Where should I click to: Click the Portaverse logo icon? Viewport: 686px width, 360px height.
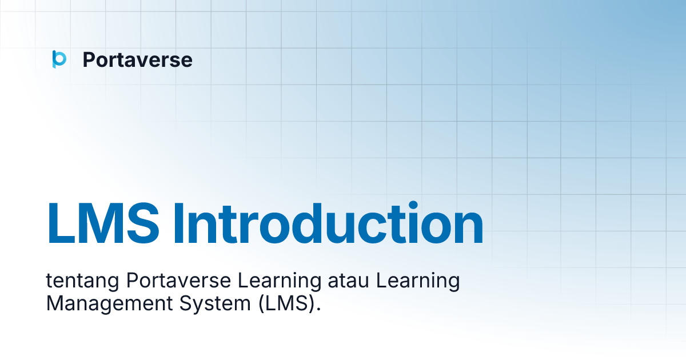pyautogui.click(x=59, y=59)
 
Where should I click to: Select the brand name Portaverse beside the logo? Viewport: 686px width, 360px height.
pyautogui.click(x=137, y=59)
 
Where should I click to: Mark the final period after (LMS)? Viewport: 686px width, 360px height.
pyautogui.click(x=318, y=310)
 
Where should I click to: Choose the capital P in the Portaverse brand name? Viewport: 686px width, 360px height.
pyautogui.click(x=89, y=59)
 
